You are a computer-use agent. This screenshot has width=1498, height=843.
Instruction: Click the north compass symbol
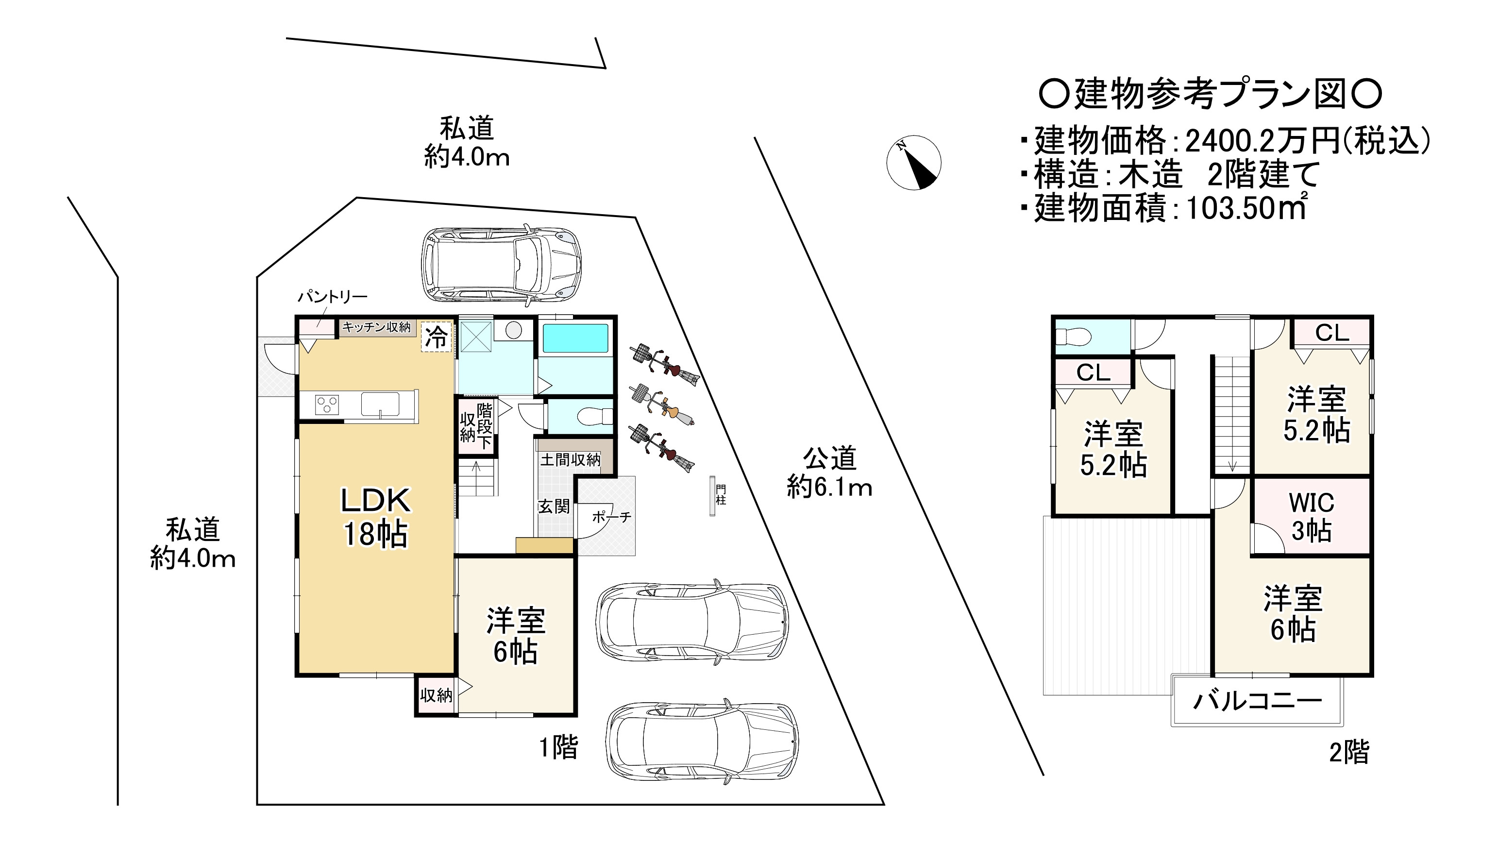pos(913,163)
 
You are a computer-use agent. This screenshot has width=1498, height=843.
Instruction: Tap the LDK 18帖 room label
pos(376,517)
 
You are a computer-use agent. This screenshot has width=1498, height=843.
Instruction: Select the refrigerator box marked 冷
pos(437,337)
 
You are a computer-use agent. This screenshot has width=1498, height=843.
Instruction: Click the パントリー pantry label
pos(333,297)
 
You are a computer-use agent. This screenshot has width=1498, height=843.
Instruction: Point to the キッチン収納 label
pos(376,327)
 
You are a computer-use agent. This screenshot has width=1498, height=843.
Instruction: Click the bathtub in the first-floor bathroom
pos(575,339)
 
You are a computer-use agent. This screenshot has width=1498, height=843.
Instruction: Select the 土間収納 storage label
pos(571,460)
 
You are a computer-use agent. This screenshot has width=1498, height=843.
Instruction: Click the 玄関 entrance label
pos(554,506)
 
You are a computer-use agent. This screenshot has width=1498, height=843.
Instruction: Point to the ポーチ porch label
pos(612,517)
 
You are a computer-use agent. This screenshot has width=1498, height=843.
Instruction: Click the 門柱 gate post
pos(712,495)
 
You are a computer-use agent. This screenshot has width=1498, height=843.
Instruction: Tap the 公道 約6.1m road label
pos(830,472)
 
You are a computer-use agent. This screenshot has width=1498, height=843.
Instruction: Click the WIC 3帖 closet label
pos(1312,517)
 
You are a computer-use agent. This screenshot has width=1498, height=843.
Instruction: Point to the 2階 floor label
pos(1348,752)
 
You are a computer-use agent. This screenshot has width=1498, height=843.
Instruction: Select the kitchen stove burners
pos(327,404)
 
